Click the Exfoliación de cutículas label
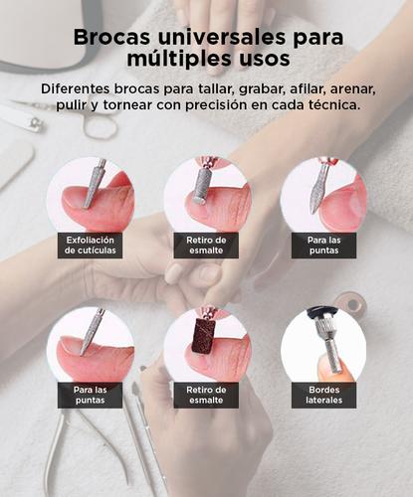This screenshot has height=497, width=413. [91, 245]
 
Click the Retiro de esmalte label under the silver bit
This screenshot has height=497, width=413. [206, 245]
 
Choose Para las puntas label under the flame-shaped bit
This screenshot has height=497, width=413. [323, 245]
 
